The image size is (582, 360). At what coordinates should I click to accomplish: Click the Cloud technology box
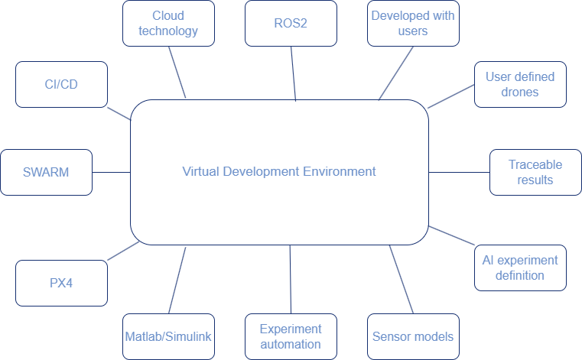[x=168, y=23]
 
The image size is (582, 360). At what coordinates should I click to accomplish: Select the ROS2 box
[x=291, y=23]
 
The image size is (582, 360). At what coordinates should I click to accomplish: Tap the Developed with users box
[x=413, y=23]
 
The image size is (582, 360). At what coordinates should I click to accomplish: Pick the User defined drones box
[x=520, y=84]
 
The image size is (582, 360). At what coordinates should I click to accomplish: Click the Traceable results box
[x=535, y=172]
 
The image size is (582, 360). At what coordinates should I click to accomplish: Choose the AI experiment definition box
[x=520, y=268]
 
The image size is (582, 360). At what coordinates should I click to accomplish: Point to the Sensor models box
[x=413, y=336]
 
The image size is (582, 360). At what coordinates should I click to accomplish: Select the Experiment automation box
[x=291, y=336]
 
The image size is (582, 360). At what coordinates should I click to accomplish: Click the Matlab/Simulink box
[x=168, y=336]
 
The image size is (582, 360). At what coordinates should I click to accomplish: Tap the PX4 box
[x=61, y=283]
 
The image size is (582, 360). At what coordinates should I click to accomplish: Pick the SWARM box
[x=46, y=172]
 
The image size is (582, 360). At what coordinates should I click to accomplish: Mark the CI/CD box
[x=61, y=84]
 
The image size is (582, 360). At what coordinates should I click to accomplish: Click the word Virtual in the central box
[x=201, y=171]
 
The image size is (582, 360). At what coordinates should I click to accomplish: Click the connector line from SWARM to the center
[x=111, y=172]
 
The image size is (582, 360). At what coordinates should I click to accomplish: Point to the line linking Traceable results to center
[x=459, y=172]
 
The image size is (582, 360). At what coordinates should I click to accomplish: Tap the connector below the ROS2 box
[x=293, y=73]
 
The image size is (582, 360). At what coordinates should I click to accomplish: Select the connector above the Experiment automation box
[x=291, y=279]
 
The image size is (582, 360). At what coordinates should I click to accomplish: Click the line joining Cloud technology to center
[x=177, y=71]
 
